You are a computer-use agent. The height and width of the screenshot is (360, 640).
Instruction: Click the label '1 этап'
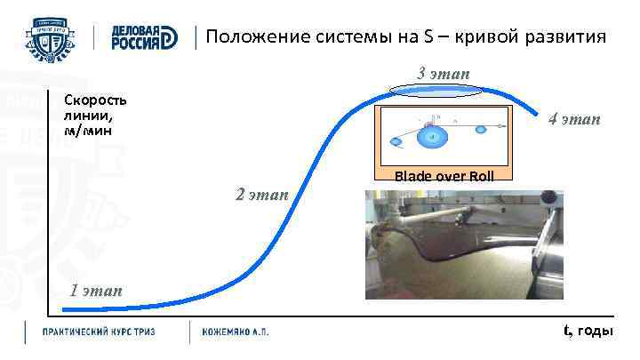click(x=96, y=291)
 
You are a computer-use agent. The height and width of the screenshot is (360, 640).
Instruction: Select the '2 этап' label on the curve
click(x=261, y=194)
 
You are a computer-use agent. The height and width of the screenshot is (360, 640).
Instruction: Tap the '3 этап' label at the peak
click(x=444, y=72)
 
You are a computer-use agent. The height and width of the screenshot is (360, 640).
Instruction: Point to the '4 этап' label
click(x=573, y=119)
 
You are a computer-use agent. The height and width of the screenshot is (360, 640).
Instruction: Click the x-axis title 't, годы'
click(x=588, y=332)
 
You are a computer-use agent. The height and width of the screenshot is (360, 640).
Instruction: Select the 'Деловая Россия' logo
click(x=143, y=37)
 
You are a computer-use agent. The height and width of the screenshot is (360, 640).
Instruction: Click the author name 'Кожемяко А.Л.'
click(x=236, y=332)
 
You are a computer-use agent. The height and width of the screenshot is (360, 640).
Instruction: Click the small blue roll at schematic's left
click(x=395, y=140)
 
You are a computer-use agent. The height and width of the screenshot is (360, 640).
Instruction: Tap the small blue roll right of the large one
click(x=481, y=130)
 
